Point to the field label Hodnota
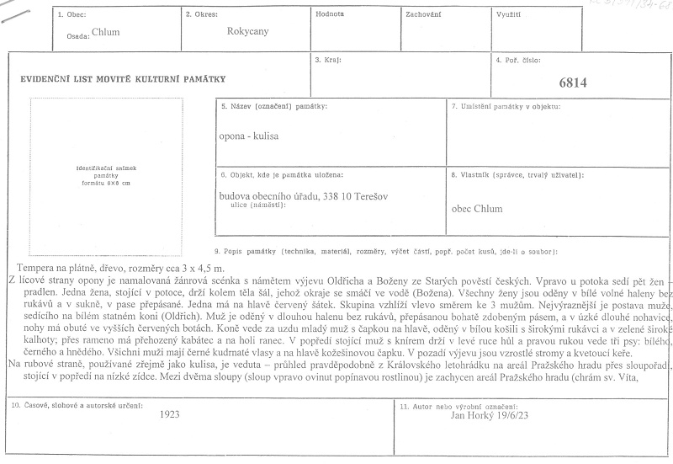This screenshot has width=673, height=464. coord(329,14)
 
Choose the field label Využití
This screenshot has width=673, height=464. coord(508,14)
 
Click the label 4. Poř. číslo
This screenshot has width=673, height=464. coord(519,61)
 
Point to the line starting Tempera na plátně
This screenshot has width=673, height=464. coord(106,265)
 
